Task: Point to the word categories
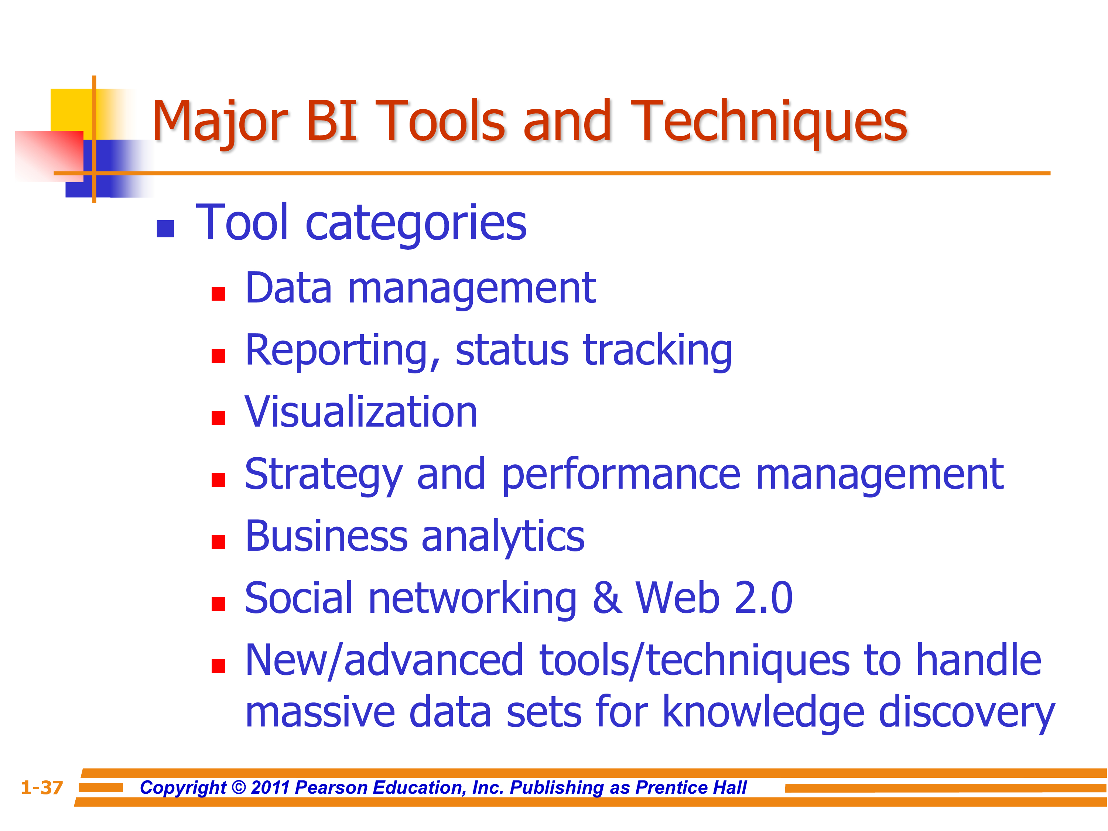[x=416, y=224]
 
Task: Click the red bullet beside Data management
[x=218, y=294]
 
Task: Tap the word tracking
[x=657, y=352]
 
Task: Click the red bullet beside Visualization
[x=218, y=418]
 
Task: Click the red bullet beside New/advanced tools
[x=218, y=666]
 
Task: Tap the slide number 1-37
[x=42, y=788]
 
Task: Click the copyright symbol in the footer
[x=239, y=788]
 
